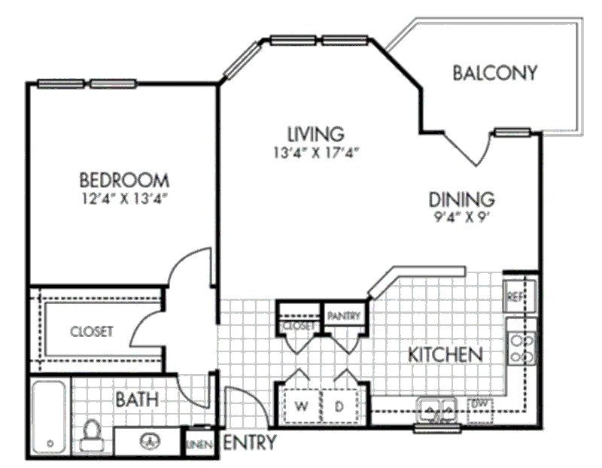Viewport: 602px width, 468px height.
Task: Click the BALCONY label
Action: (x=495, y=73)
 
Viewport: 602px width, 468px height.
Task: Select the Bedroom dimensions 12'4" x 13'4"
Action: (x=124, y=199)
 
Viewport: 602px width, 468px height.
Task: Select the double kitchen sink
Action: (x=436, y=410)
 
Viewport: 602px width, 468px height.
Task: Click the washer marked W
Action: (x=301, y=407)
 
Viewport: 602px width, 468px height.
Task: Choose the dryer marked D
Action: (x=339, y=407)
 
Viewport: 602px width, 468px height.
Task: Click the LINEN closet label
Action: (x=198, y=444)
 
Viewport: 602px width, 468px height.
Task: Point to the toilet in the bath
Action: (x=92, y=435)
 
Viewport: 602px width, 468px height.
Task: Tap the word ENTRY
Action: (x=250, y=442)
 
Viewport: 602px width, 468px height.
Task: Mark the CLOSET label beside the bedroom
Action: (x=92, y=331)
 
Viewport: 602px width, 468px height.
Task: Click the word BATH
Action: (x=136, y=400)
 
